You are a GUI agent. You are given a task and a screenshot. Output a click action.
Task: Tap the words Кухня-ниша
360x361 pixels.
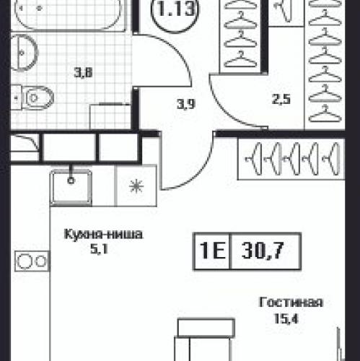103,234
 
